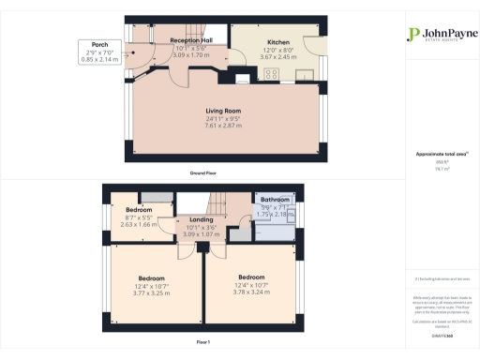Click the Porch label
92,44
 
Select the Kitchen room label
278,43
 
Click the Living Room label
225,112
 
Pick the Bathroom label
275,200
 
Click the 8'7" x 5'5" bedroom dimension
138,217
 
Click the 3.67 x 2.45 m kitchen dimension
278,57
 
